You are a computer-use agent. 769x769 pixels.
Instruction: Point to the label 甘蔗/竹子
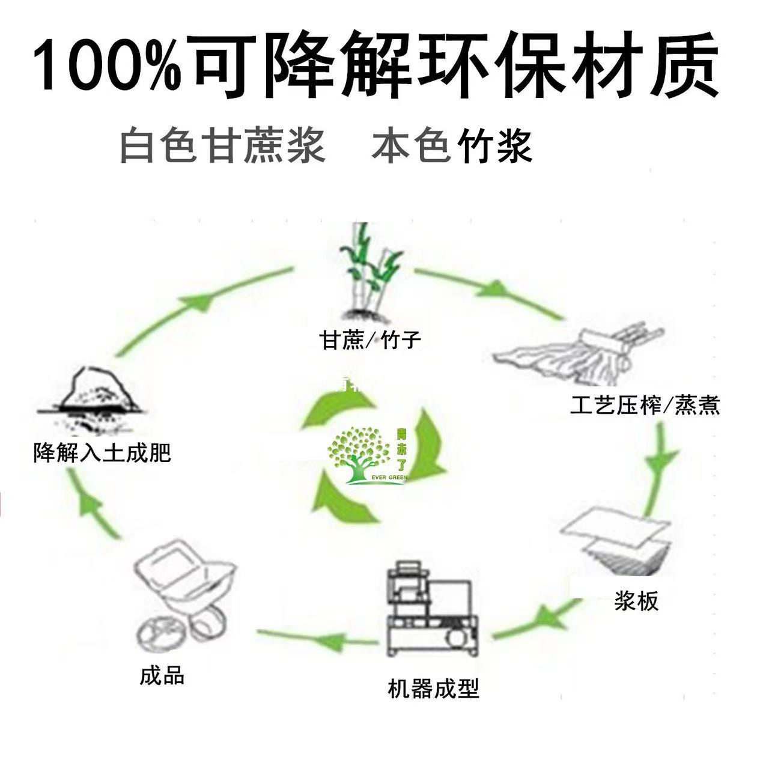pos(369,341)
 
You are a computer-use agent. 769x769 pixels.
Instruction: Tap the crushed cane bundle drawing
pos(577,354)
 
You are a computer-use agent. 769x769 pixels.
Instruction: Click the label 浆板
pos(636,601)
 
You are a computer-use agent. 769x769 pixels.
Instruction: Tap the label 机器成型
pos(433,688)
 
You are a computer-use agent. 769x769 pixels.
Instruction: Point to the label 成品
pos(162,676)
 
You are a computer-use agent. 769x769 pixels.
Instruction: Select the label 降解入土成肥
pos(102,452)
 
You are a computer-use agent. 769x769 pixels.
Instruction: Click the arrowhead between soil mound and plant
pos(201,300)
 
